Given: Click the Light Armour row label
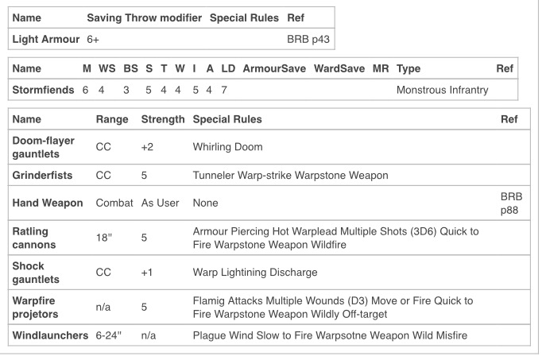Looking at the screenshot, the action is click(46, 40).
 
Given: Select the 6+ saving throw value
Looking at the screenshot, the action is click(93, 40).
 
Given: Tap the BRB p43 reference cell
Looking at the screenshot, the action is click(308, 40).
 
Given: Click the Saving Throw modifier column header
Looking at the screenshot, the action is click(144, 17).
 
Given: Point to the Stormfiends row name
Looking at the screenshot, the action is click(43, 90).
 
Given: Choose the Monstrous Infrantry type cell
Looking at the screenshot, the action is click(442, 90).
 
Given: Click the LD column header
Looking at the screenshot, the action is click(228, 68).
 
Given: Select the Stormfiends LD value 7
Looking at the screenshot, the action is click(224, 90).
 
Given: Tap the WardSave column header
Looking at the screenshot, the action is click(339, 68).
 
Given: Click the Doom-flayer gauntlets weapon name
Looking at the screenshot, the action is click(43, 147).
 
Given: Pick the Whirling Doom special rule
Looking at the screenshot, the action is click(228, 147).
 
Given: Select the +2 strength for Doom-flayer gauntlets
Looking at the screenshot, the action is click(147, 147).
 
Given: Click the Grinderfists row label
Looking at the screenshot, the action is click(42, 175).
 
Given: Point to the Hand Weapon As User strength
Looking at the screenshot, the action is click(161, 203).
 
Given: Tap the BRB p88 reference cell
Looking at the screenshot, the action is click(511, 203).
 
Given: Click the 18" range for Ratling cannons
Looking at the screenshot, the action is click(104, 238).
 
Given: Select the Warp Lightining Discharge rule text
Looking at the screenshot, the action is click(255, 273).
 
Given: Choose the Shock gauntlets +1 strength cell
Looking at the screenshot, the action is click(147, 273).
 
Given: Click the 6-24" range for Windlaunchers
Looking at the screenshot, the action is click(109, 335).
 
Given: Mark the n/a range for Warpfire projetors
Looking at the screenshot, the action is click(103, 307).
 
